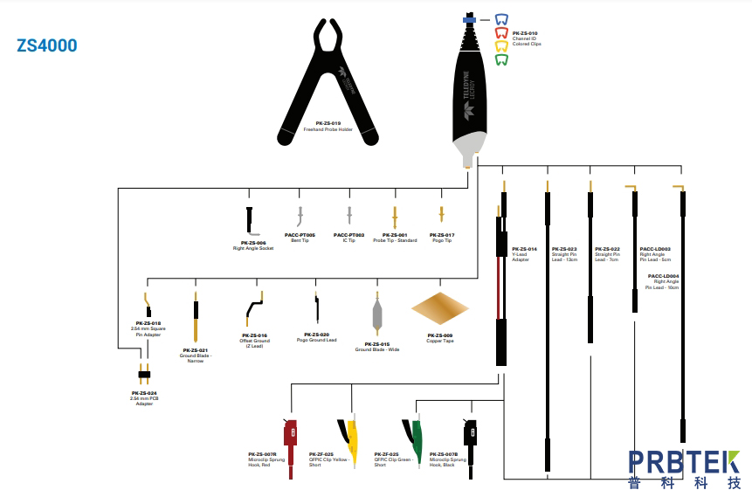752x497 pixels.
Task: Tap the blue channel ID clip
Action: (501, 19)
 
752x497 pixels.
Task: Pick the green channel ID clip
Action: (501, 60)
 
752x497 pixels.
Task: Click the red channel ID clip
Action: (501, 33)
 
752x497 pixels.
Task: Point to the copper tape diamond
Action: (439, 308)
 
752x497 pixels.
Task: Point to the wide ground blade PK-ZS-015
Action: (377, 311)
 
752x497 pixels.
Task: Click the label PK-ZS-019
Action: (328, 123)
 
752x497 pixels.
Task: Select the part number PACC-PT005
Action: (300, 234)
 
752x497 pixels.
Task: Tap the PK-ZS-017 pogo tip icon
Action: (441, 215)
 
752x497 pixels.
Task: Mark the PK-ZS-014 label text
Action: (524, 249)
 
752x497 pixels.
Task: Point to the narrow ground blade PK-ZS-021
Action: (195, 318)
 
